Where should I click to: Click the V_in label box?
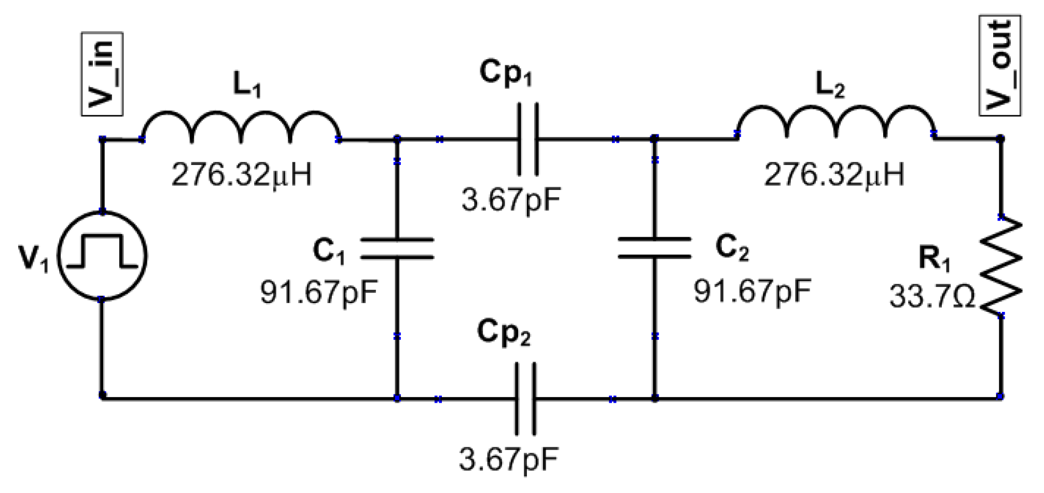[102, 74]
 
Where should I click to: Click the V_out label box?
[1000, 66]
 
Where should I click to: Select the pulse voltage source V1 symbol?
[102, 255]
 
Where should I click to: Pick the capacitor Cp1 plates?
[528, 139]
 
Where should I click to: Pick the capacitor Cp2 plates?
[525, 399]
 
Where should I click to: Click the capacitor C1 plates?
[397, 249]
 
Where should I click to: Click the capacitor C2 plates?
[655, 248]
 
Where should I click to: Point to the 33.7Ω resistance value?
[932, 297]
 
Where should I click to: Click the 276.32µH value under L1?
[242, 174]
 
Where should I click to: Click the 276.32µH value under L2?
[834, 174]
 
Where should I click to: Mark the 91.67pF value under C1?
[319, 292]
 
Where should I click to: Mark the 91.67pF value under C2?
[752, 291]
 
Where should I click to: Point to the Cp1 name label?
[506, 73]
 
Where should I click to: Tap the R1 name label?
[935, 258]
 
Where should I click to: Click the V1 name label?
[34, 258]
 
